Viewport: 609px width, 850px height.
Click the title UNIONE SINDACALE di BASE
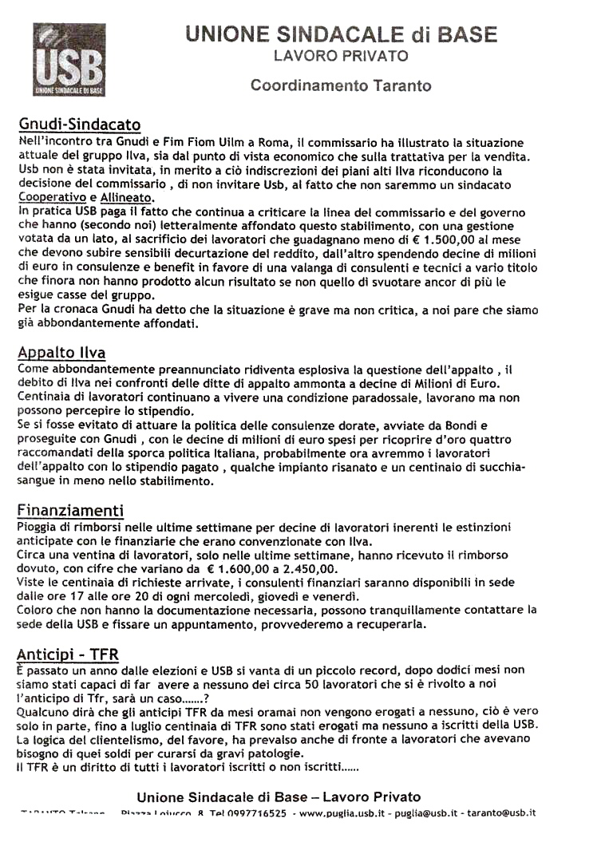click(341, 34)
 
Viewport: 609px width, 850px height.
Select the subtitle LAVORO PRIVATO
click(341, 56)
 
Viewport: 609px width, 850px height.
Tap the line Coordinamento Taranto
click(341, 85)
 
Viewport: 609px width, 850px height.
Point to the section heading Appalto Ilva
click(61, 352)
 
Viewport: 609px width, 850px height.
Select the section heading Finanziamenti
click(70, 510)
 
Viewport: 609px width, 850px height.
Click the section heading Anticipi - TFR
click(68, 654)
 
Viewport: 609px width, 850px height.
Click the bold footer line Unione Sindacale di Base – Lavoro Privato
click(279, 797)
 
